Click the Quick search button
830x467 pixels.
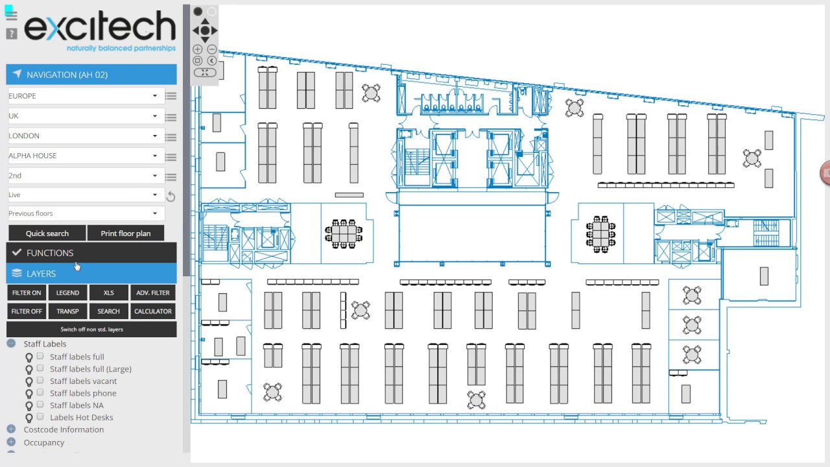point(47,233)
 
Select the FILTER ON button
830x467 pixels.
point(27,293)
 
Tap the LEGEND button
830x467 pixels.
point(67,293)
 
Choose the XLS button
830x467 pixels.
point(108,293)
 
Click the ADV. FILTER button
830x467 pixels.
point(152,293)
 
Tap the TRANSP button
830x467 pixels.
point(67,311)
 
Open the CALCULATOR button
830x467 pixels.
point(152,311)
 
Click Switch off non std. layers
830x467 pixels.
point(91,329)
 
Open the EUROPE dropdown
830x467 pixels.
point(86,96)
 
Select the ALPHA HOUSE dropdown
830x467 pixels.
point(86,156)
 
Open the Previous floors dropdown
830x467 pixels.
point(86,213)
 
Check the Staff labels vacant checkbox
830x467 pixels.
point(40,380)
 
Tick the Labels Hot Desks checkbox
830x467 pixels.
point(40,416)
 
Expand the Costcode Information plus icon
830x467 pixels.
point(11,429)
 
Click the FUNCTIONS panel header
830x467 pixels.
point(91,253)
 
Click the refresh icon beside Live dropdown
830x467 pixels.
point(171,196)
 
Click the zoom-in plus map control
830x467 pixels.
point(198,49)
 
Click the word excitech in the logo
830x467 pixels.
point(100,25)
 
